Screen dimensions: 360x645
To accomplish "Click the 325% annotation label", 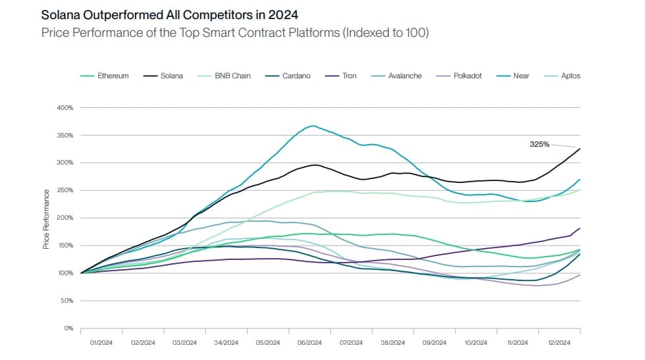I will (x=540, y=143).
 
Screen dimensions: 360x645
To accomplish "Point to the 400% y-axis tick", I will (x=64, y=107).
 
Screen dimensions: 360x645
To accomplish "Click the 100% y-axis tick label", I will (x=64, y=273).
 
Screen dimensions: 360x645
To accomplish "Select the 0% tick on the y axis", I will (x=68, y=328).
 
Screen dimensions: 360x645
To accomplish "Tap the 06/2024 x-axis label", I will (x=309, y=343).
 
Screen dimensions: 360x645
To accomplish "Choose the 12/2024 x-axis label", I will (x=559, y=343).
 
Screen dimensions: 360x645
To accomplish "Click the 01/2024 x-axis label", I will (x=101, y=343).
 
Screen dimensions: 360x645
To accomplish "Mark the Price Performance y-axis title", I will (x=46, y=219).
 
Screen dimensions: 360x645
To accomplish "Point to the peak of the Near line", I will (x=312, y=126).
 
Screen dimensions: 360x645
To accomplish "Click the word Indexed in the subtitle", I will (x=364, y=32).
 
